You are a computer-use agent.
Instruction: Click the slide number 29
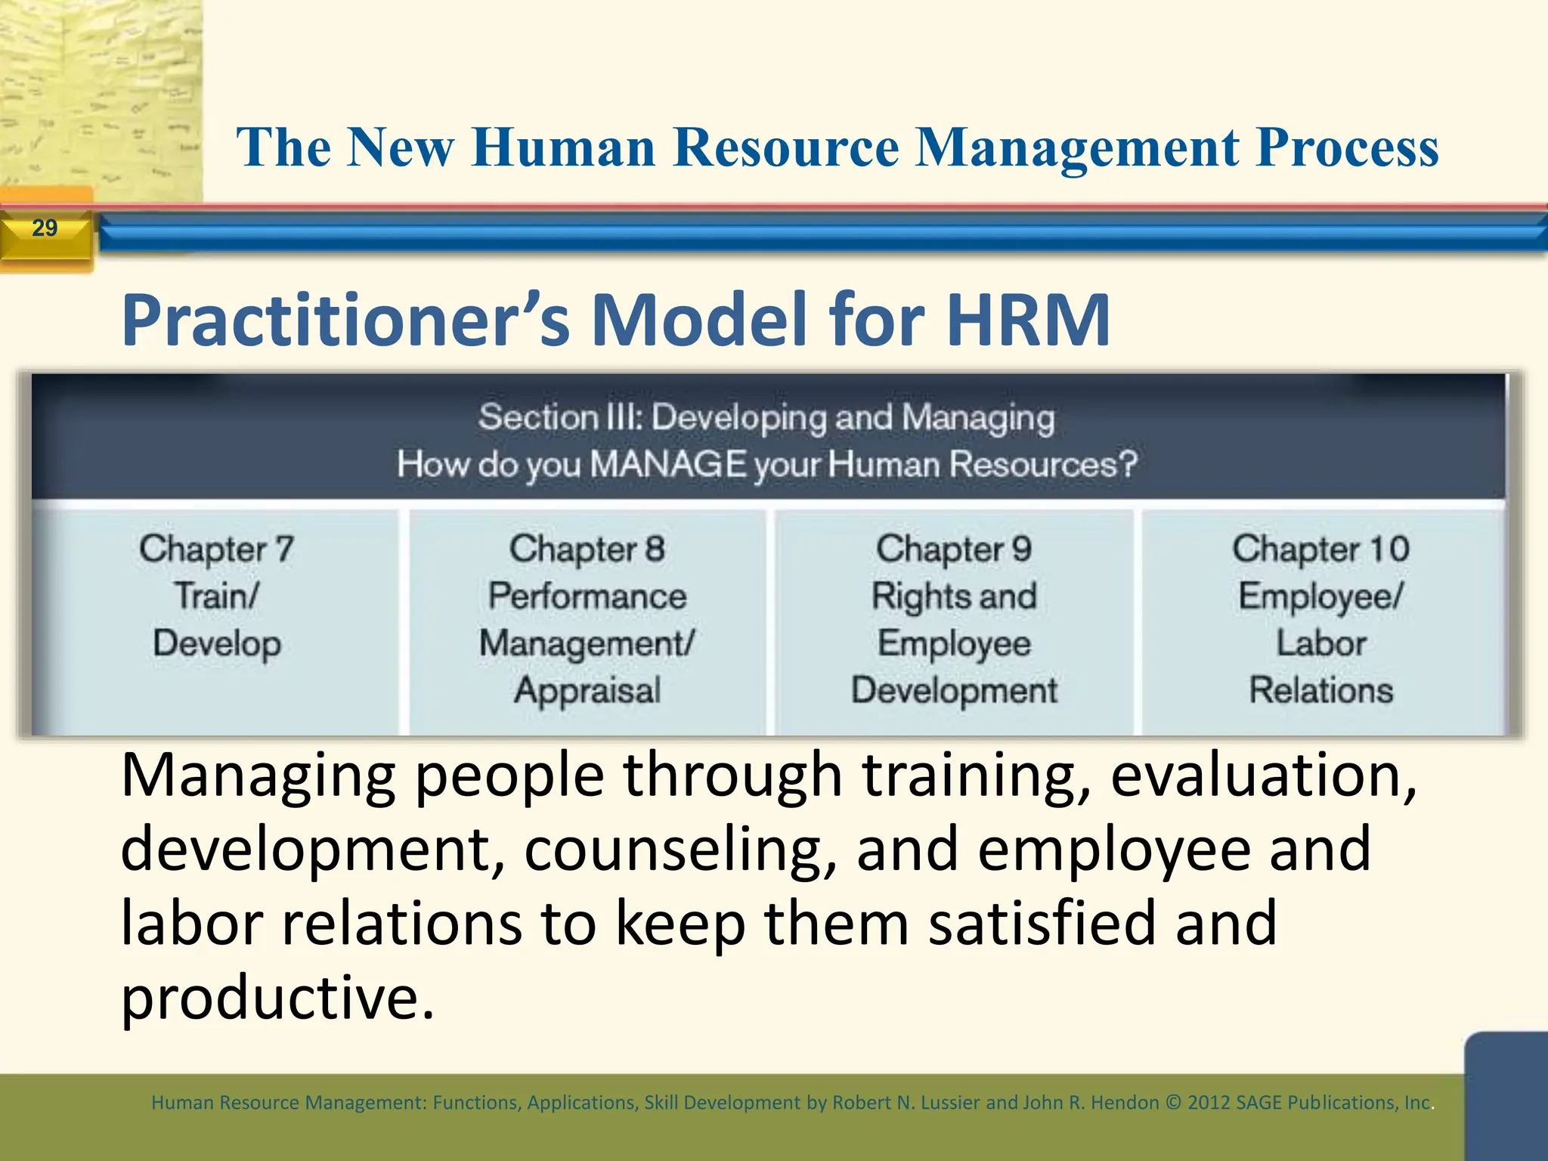pos(45,228)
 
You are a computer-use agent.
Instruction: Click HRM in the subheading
pos(1028,320)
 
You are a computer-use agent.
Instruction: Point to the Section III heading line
pos(766,417)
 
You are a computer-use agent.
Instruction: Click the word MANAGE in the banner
pos(668,464)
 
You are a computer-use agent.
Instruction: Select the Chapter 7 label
pos(216,549)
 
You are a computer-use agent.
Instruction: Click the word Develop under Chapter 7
pos(217,643)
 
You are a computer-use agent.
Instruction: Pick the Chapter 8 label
pos(587,549)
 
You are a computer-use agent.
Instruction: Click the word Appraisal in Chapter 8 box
pos(587,690)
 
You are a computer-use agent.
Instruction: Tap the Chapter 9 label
pos(953,549)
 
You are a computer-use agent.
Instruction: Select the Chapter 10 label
pos(1320,549)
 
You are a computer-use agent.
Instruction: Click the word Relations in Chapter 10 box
pos(1320,690)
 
